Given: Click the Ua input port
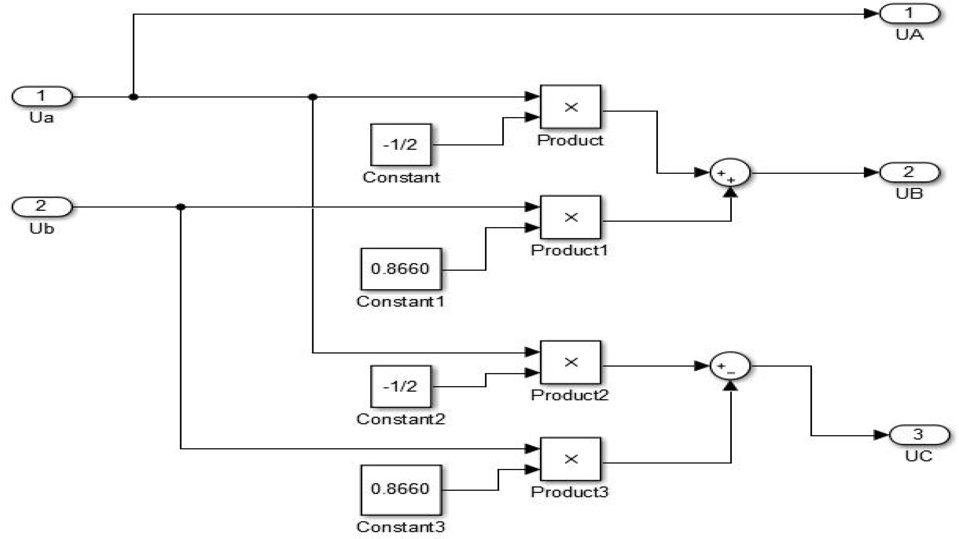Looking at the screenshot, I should click(42, 96).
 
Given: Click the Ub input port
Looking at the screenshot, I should click(42, 206).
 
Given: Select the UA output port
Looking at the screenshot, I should click(909, 14).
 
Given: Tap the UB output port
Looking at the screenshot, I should click(909, 172).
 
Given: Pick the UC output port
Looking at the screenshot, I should click(919, 435).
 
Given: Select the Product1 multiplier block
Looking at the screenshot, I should click(570, 217).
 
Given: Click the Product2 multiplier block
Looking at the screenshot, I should click(570, 362).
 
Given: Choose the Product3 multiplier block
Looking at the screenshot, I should click(570, 459).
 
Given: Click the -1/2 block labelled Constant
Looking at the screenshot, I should click(401, 145).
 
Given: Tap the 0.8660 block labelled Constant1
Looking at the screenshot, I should click(401, 269).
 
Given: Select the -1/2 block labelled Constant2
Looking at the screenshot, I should click(401, 386).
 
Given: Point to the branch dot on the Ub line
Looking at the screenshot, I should click(180, 207).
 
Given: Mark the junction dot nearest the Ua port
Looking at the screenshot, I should click(133, 97).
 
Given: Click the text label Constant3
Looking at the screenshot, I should click(401, 527).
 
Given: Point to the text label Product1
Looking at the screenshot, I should click(569, 250).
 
